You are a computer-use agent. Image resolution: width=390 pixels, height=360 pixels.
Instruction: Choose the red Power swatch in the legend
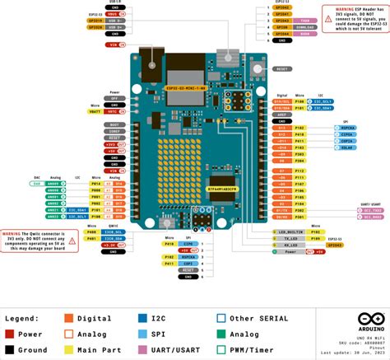(x=10, y=312)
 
